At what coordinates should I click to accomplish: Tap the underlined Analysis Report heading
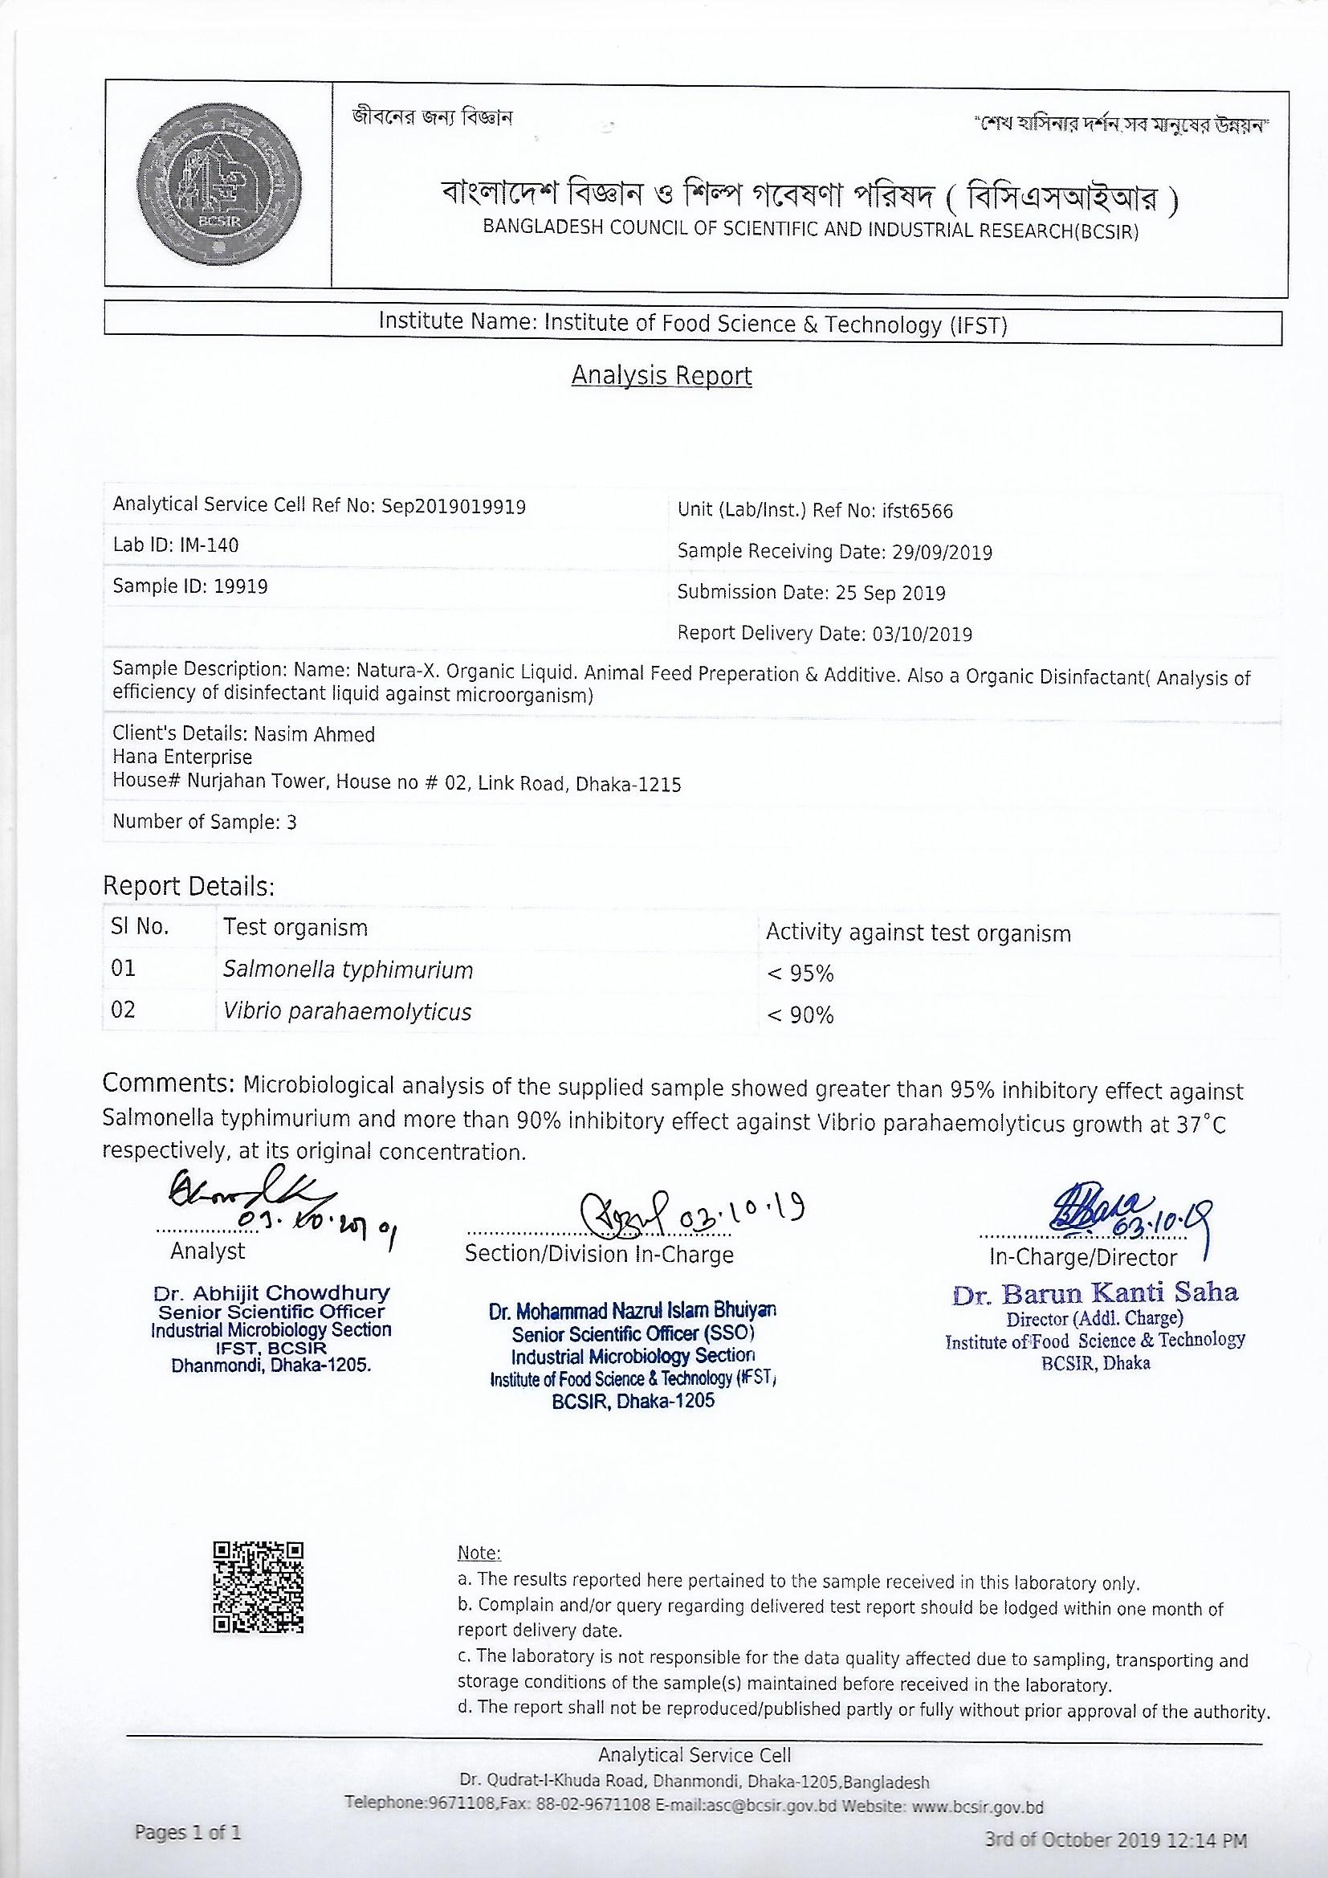662,375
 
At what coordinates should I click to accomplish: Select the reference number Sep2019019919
454,506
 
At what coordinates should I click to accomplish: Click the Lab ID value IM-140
210,545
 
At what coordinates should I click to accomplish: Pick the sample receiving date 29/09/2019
939,552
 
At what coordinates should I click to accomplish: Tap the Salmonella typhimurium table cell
348,971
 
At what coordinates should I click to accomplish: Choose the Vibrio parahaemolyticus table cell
348,1012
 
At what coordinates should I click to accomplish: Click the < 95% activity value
800,974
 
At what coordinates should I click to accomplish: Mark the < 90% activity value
800,1016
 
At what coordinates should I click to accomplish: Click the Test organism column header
295,928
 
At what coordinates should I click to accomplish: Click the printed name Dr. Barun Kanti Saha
1095,1292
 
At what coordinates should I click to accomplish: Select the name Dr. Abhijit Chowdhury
271,1294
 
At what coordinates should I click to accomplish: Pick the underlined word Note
479,1553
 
